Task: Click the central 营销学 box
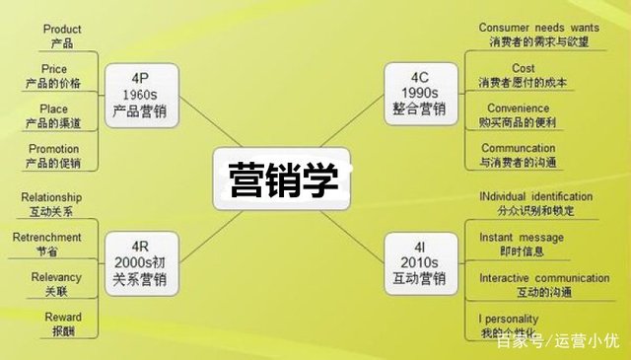[x=282, y=180]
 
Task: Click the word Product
[x=61, y=30]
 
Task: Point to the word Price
[x=54, y=69]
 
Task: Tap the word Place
[x=54, y=109]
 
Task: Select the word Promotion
[x=54, y=149]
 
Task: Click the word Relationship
[x=51, y=197]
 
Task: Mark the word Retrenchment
[x=47, y=238]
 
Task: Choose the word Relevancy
[x=55, y=277]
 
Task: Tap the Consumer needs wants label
[x=538, y=28]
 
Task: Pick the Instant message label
[x=522, y=238]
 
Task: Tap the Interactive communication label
[x=544, y=278]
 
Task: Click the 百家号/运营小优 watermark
[x=558, y=342]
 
